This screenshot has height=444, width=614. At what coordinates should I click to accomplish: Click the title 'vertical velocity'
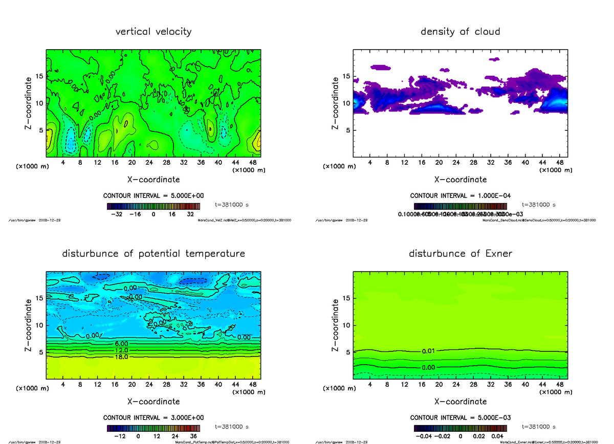click(153, 32)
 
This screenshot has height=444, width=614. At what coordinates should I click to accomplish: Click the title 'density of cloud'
click(460, 32)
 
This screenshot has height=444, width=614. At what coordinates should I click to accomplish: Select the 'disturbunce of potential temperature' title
click(153, 254)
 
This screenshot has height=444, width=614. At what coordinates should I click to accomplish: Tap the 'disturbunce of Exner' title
click(460, 254)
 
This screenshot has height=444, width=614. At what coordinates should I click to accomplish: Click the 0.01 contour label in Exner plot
click(429, 351)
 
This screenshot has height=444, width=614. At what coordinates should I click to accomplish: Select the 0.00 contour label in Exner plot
click(429, 367)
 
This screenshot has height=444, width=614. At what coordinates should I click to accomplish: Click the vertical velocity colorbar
click(153, 206)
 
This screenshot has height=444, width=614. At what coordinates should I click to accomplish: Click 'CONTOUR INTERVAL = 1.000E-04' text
click(460, 196)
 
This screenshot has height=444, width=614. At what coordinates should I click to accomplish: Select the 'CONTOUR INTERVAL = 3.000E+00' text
click(153, 417)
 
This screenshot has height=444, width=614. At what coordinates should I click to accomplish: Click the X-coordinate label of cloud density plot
click(460, 180)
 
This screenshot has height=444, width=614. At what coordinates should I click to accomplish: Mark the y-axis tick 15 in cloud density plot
click(346, 76)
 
